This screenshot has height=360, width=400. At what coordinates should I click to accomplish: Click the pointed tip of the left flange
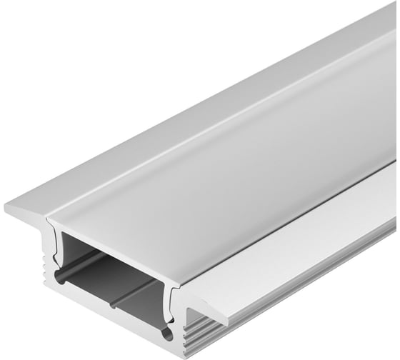[6, 208]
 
